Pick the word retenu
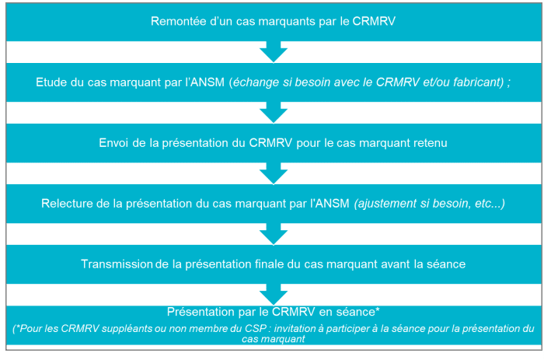coord(431,143)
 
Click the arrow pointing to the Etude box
coord(274,52)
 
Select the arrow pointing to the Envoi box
coord(274,113)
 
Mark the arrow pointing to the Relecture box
coord(274,173)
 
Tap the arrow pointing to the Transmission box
coord(274,234)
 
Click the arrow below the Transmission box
coord(274,295)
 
